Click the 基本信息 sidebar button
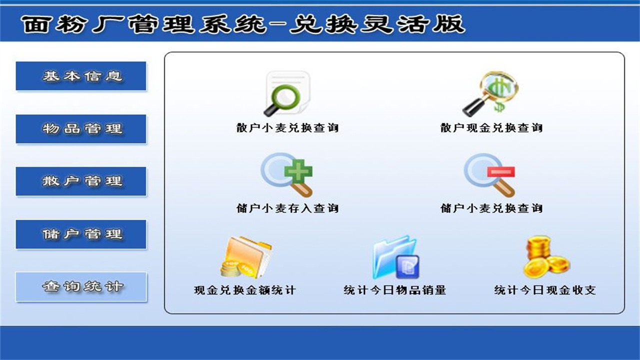[81, 76]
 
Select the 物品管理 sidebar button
[81, 129]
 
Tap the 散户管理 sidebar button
[81, 181]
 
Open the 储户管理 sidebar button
[81, 234]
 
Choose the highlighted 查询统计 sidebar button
[81, 287]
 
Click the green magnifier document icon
[287, 93]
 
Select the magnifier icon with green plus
[287, 174]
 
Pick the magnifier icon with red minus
[490, 174]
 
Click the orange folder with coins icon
[246, 257]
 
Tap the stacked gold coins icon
[545, 257]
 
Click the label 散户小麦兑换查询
[287, 128]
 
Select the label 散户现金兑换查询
[491, 128]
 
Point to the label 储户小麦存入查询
[287, 208]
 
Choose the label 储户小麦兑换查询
[491, 208]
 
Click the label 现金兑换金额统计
[245, 290]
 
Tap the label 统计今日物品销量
[395, 290]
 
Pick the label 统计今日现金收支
[545, 290]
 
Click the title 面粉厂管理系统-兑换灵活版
[243, 24]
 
